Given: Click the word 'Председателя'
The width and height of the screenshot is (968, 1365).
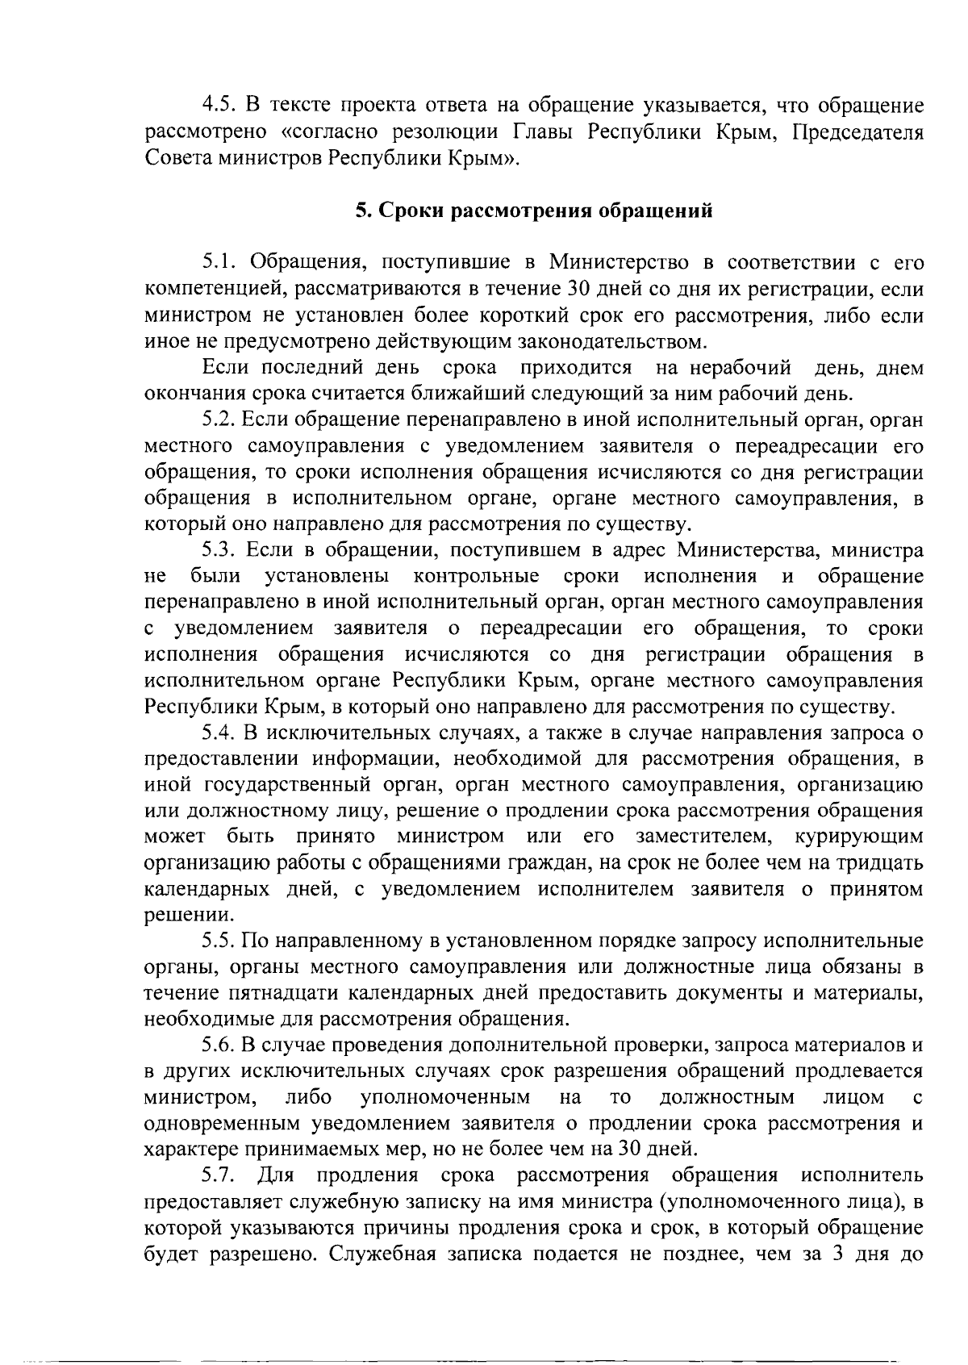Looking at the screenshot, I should pyautogui.click(x=856, y=131).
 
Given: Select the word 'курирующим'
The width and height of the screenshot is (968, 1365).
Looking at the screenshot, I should pyautogui.click(x=858, y=837).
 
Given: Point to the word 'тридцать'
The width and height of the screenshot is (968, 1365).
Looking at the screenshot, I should pyautogui.click(x=879, y=863).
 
